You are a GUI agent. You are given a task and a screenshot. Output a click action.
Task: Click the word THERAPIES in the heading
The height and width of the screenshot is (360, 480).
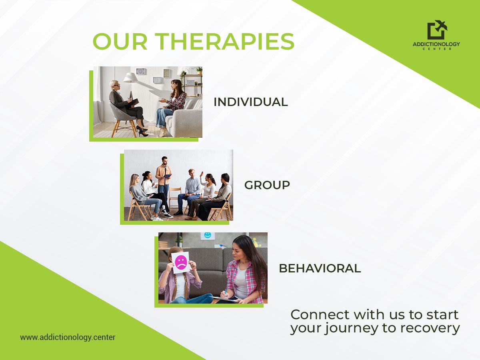tap(226, 42)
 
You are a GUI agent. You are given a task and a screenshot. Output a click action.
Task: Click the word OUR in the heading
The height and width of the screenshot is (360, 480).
tap(120, 42)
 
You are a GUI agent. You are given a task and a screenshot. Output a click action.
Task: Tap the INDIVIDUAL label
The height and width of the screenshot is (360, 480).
tap(251, 102)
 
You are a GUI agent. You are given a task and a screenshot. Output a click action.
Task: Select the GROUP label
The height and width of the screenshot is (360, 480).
tap(267, 185)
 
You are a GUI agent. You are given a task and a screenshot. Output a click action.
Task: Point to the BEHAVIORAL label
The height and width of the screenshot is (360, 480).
tap(320, 268)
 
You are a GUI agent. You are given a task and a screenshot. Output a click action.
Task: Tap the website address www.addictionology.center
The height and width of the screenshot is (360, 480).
tap(68, 337)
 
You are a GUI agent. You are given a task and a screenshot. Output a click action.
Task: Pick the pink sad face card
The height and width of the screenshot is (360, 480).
tap(181, 262)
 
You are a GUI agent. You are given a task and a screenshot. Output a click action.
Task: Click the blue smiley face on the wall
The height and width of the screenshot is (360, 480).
tap(207, 235)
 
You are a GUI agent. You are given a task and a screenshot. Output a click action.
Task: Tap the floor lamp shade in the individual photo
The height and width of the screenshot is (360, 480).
tap(130, 78)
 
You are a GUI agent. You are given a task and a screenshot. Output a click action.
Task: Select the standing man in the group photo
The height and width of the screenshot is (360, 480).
tap(163, 184)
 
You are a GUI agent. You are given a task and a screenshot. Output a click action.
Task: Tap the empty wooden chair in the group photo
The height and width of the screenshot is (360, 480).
tap(174, 198)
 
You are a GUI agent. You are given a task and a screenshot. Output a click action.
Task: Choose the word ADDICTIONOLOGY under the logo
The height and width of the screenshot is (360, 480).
tap(436, 44)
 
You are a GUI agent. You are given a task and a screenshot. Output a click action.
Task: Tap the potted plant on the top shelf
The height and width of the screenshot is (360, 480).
tap(199, 70)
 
